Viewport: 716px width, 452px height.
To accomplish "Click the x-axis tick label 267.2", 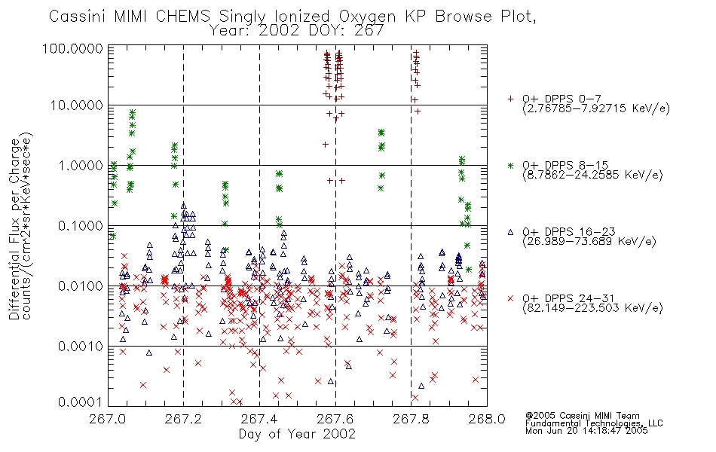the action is coord(184,419).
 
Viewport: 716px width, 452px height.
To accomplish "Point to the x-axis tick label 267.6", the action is coord(335,419).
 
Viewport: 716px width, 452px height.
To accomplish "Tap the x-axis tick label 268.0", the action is coord(487,419).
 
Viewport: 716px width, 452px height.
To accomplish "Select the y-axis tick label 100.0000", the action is coord(73,48).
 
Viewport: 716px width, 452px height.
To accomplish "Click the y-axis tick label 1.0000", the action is coord(81,165).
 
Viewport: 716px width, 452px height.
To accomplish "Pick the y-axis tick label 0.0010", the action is coord(81,346).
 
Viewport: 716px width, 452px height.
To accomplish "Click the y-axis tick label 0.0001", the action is coord(81,402).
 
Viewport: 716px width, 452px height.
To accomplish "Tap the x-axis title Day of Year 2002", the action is coord(297,434).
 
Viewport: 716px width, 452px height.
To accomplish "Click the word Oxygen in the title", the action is coord(367,17).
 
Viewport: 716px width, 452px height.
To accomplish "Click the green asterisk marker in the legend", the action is coord(510,165).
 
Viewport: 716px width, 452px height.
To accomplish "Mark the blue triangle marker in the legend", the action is coord(510,232).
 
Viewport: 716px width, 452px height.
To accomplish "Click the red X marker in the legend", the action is coord(510,298).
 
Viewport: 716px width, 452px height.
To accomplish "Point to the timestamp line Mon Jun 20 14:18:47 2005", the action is coord(586,431).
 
